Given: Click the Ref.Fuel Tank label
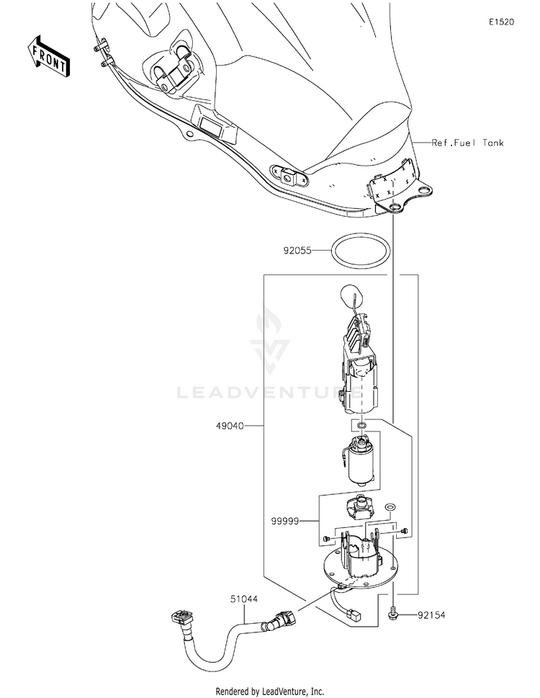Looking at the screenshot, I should (467, 143).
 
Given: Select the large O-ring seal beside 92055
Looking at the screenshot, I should (361, 251).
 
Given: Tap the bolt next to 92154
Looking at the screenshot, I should (395, 614).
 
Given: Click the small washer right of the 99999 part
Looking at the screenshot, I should (390, 509).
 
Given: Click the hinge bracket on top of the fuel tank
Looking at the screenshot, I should (175, 70).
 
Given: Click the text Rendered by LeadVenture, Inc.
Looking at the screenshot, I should (270, 691).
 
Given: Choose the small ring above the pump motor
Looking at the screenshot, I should (361, 426).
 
